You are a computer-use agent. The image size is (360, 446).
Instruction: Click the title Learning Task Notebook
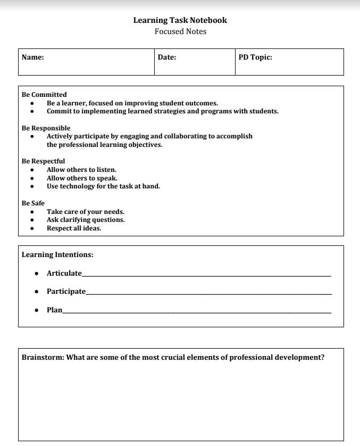tap(180, 20)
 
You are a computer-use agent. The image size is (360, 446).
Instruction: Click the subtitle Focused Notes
tap(180, 31)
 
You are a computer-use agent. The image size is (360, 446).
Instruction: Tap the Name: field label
tap(32, 57)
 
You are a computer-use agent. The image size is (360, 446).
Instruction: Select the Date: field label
tap(167, 57)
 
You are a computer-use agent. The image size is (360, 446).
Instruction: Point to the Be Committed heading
tap(44, 95)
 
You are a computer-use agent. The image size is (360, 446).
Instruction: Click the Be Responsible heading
tap(46, 128)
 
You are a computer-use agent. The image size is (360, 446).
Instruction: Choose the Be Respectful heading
tap(43, 161)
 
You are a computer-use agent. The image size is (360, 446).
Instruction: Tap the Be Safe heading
tap(33, 203)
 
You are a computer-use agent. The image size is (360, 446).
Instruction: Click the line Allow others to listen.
tap(81, 170)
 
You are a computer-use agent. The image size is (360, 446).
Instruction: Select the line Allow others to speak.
tap(82, 178)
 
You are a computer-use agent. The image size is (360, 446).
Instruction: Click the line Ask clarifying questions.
tap(86, 220)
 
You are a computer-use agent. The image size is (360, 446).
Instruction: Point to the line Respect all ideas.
tap(74, 228)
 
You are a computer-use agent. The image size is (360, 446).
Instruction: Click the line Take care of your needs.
tap(85, 212)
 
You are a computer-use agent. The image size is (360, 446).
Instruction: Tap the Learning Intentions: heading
tap(57, 255)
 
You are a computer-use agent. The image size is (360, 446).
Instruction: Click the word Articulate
tap(64, 273)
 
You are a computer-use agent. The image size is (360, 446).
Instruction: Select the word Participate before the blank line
tap(66, 291)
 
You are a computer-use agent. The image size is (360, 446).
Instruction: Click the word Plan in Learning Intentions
tap(54, 310)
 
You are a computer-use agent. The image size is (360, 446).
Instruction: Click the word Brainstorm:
tap(43, 357)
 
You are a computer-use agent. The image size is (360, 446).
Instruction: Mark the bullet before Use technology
tap(32, 186)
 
